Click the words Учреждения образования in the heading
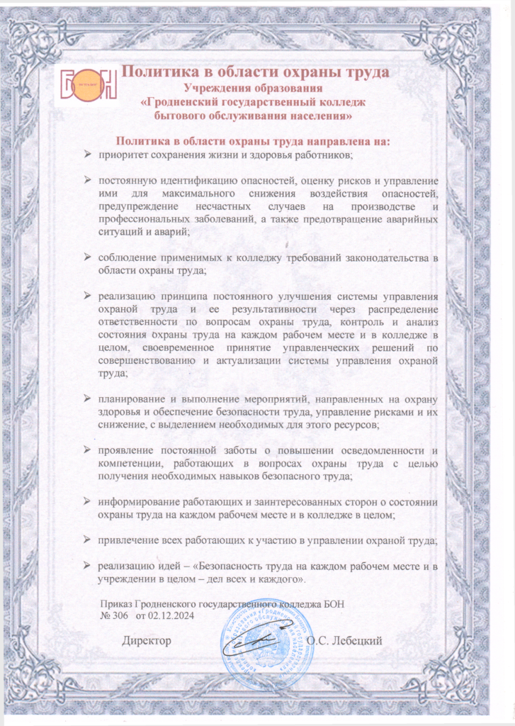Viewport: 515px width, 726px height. (253, 88)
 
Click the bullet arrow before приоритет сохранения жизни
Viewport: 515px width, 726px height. (87, 154)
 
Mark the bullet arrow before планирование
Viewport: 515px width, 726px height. (87, 398)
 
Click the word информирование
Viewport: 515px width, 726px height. (142, 501)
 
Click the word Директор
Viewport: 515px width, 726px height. (147, 641)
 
